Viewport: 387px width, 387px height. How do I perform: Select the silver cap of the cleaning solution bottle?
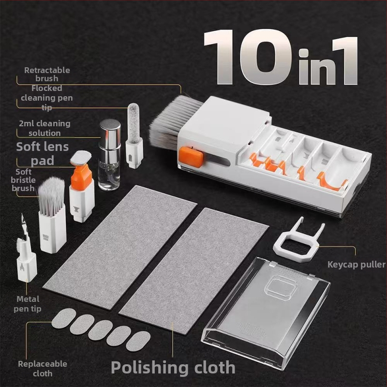110,134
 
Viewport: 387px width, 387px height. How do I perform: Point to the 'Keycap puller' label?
357,265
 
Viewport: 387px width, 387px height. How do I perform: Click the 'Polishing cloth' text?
173,368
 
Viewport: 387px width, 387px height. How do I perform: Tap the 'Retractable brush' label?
47,74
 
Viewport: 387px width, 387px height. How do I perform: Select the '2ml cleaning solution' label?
45,128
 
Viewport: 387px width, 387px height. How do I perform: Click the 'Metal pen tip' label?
28,304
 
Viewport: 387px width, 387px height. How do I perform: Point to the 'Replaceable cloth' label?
43,369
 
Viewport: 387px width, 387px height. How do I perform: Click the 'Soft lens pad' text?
43,153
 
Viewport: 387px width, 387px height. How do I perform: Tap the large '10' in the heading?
247,57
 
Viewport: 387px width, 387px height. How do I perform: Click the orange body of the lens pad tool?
81,175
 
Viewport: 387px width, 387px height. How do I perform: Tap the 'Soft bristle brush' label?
23,180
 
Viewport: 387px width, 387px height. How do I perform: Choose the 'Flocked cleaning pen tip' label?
46,98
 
